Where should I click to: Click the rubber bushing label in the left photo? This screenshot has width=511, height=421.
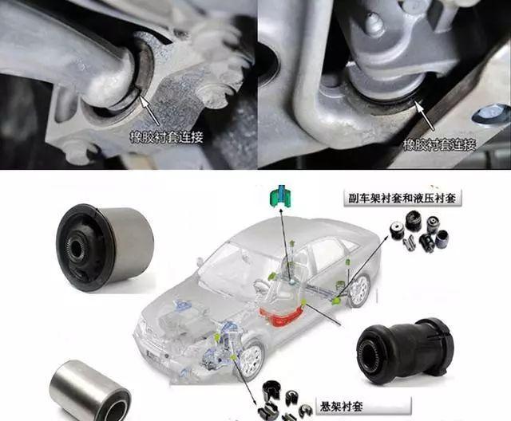(x=167, y=137)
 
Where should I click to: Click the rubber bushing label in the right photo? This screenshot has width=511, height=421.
(x=440, y=144)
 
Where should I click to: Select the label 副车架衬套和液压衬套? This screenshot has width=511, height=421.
(x=402, y=198)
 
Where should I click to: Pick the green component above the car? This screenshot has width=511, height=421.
(x=280, y=196)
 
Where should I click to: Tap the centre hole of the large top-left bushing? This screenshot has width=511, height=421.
(x=77, y=248)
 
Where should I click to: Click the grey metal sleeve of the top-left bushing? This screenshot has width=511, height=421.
(x=130, y=244)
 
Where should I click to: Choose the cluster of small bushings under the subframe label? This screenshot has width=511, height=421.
(x=419, y=231)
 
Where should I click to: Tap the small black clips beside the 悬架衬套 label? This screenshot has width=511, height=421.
(x=285, y=400)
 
